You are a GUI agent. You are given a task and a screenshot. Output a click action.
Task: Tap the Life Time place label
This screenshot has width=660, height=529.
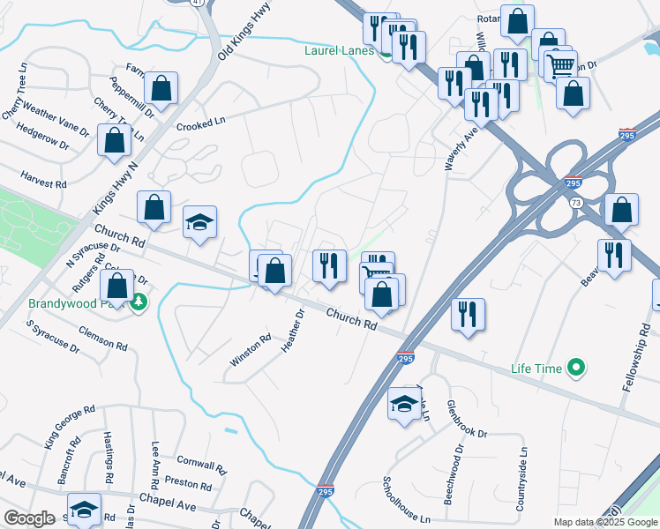click(536, 368)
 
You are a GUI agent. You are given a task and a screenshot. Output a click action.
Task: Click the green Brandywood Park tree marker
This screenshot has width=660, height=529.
click(138, 303)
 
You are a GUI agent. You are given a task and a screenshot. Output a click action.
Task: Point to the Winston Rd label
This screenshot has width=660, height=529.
click(251, 350)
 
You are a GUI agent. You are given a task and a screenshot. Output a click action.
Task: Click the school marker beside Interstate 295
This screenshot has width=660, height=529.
click(405, 404)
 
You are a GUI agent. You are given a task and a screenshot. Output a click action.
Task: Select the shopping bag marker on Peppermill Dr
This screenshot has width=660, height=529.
click(161, 88)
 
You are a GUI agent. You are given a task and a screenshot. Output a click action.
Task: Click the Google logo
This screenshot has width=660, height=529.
click(29, 518)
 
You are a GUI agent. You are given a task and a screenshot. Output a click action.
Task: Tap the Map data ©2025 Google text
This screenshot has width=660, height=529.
click(604, 522)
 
